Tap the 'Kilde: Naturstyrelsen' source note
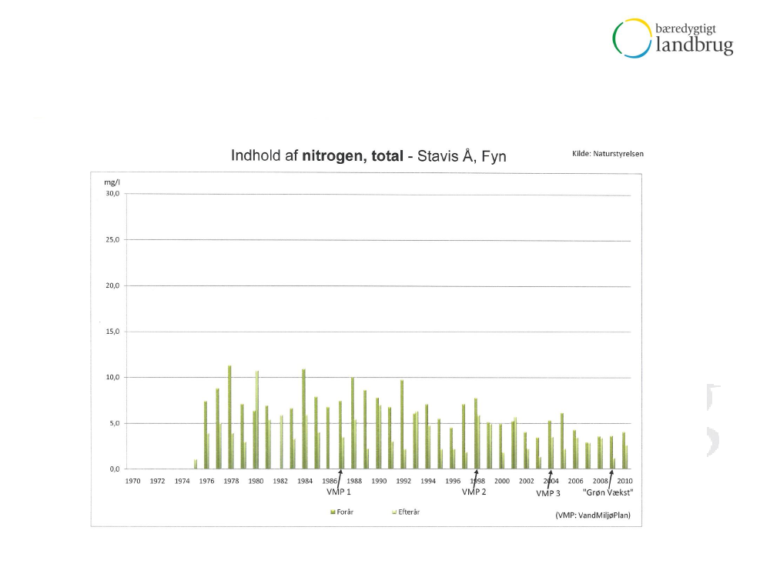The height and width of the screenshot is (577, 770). point(608,153)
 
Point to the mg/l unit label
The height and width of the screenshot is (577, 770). point(113,182)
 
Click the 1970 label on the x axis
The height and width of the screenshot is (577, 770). point(133,481)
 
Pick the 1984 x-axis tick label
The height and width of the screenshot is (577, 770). point(305,481)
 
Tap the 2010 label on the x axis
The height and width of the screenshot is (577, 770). point(624,481)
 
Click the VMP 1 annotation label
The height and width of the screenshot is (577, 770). point(338,492)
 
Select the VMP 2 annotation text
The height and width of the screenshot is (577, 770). point(474,492)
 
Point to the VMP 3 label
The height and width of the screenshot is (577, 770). point(547,493)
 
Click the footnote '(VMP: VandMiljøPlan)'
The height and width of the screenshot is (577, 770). point(592,515)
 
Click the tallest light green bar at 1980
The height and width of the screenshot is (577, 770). point(257,420)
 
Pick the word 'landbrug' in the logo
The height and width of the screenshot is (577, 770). point(695,46)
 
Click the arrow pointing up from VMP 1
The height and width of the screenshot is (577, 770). point(340,479)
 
